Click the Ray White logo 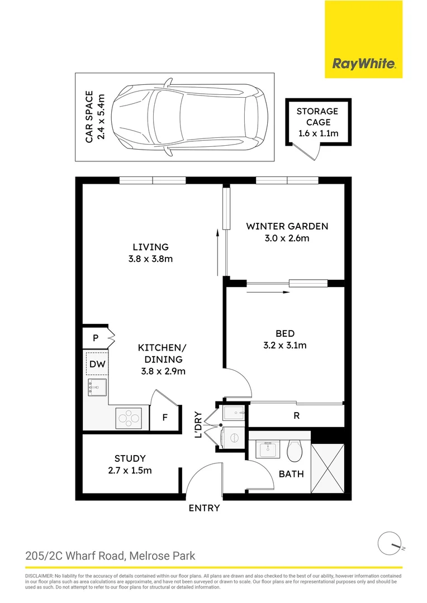tap(364, 64)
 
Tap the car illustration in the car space tap(191, 117)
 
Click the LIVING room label tap(150, 247)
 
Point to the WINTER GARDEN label tap(287, 226)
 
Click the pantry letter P tap(96, 338)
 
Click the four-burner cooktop tap(130, 418)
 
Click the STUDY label tap(130, 458)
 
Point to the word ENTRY tap(204, 508)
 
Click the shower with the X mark tap(328, 468)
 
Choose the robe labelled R tap(296, 416)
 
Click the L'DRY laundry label tap(198, 425)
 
